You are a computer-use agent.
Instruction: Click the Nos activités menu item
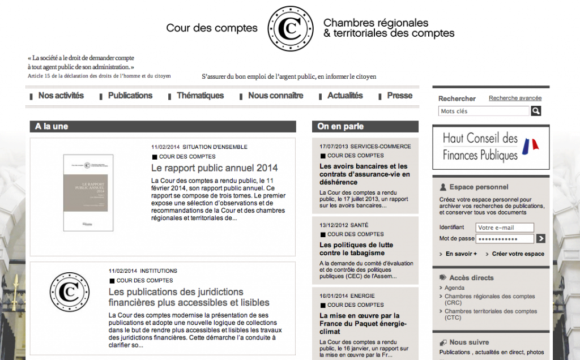[61, 96]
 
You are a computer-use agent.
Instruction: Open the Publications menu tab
[130, 96]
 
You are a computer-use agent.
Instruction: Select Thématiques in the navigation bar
[200, 96]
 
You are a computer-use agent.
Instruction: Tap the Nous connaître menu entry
[275, 96]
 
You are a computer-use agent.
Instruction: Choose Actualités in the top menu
[345, 96]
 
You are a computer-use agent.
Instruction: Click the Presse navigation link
[399, 96]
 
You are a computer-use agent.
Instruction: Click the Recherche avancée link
[515, 98]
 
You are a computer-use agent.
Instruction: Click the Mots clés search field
[484, 112]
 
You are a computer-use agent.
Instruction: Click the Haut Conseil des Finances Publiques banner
[491, 147]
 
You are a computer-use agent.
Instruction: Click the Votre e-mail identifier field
[505, 228]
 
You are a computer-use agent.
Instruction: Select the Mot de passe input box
[505, 239]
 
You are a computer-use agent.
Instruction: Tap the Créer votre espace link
[518, 254]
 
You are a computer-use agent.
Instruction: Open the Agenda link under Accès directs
[454, 288]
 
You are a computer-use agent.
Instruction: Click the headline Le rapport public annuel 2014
[214, 168]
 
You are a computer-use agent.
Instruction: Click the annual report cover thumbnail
[88, 192]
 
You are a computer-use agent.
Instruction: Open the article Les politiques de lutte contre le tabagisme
[356, 248]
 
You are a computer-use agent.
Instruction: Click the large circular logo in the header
[290, 28]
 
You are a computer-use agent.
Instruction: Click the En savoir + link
[460, 254]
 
